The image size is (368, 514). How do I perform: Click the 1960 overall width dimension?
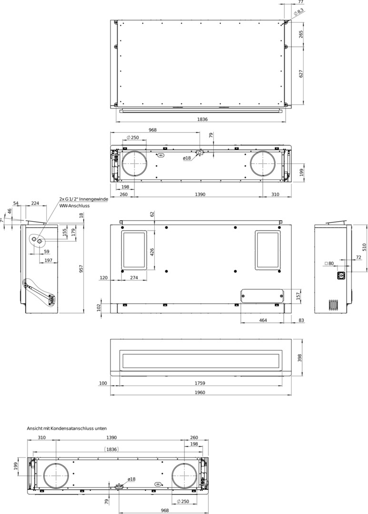tap(200, 392)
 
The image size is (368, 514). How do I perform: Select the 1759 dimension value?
tap(200, 383)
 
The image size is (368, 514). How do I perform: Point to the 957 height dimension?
tap(81, 269)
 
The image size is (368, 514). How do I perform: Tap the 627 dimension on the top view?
tap(301, 73)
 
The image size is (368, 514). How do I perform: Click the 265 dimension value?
tap(301, 34)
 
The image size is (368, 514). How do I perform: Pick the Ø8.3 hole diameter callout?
tap(298, 12)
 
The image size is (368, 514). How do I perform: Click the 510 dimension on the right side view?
tap(364, 247)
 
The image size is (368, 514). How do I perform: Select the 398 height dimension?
tap(299, 358)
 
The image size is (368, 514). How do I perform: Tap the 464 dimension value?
tap(263, 320)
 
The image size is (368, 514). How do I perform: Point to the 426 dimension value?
tap(152, 252)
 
